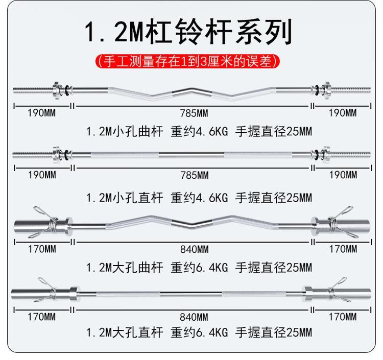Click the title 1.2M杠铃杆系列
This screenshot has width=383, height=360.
point(189,32)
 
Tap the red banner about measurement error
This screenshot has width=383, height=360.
point(189,62)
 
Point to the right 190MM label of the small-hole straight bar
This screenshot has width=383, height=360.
point(343,175)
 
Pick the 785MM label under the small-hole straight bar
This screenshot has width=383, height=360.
point(194,175)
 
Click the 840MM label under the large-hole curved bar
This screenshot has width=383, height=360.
point(194,249)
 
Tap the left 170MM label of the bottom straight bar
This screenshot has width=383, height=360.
point(41,317)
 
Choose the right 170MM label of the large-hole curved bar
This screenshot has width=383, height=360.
point(343,249)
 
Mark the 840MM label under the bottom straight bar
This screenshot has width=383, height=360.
point(194,317)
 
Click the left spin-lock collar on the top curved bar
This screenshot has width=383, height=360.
point(56,90)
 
